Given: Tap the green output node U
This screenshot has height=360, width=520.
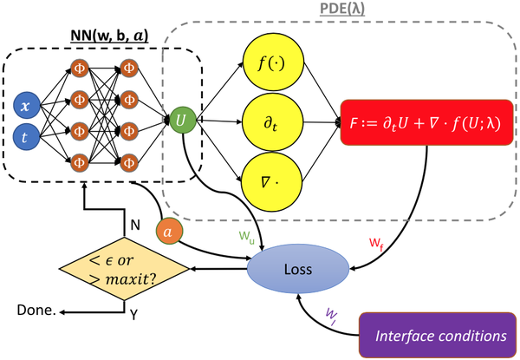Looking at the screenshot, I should (x=181, y=119).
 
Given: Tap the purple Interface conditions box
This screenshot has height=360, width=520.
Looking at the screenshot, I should (x=439, y=333).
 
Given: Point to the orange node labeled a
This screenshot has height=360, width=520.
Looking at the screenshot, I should (x=170, y=234).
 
